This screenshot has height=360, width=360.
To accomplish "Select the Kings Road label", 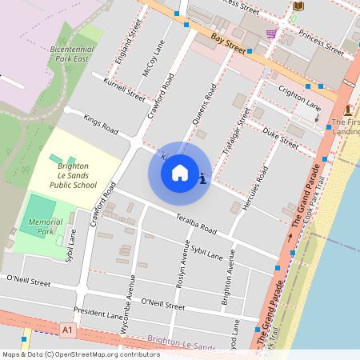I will pyautogui.click(x=101, y=124).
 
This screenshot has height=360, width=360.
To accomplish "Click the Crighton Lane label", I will pyautogui.click(x=299, y=100).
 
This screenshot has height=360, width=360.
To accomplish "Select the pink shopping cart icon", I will pyautogui.click(x=272, y=34).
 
